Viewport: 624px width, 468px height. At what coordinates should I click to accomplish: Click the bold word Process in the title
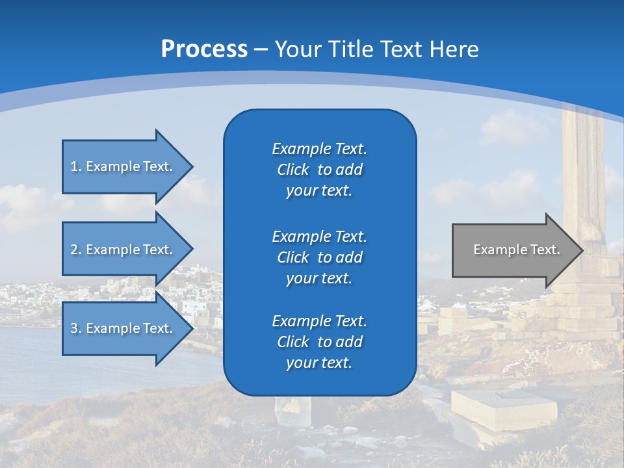click(204, 49)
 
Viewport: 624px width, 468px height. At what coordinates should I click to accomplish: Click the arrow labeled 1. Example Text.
click(123, 166)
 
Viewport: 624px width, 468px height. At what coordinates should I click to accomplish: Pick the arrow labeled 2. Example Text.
click(123, 250)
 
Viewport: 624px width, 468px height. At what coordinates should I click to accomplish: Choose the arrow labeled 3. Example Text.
click(123, 328)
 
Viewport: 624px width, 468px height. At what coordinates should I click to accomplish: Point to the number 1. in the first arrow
click(76, 166)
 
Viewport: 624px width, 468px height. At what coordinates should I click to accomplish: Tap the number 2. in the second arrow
click(76, 250)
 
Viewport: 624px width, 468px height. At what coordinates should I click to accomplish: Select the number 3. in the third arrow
click(76, 328)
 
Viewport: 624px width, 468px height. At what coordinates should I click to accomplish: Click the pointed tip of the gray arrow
click(580, 250)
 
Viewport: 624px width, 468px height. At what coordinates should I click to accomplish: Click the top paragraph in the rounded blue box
click(319, 170)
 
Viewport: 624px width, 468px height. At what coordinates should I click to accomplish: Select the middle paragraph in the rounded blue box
click(319, 257)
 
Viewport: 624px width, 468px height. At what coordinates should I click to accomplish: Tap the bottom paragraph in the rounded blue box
click(319, 342)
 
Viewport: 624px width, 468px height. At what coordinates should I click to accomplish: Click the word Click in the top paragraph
click(292, 170)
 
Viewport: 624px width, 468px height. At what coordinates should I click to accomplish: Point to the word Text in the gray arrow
click(545, 250)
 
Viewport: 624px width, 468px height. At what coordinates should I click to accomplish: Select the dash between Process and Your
click(261, 49)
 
